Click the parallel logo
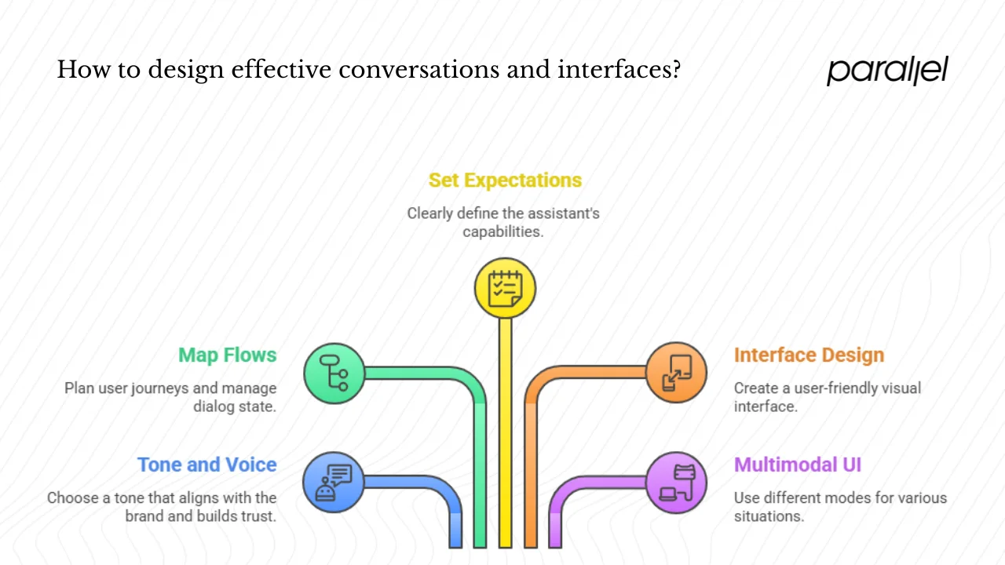pos(887,70)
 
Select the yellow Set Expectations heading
pos(505,180)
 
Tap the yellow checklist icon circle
pos(505,288)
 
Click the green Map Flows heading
pos(227,355)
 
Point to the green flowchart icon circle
pos(334,374)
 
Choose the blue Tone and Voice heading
pos(206,465)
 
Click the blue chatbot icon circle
pos(334,482)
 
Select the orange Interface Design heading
pos(809,355)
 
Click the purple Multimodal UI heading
pos(797,465)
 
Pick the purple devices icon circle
pos(676,482)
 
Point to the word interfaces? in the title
pos(619,70)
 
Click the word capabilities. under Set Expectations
pos(503,231)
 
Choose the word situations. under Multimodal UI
pos(768,516)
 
